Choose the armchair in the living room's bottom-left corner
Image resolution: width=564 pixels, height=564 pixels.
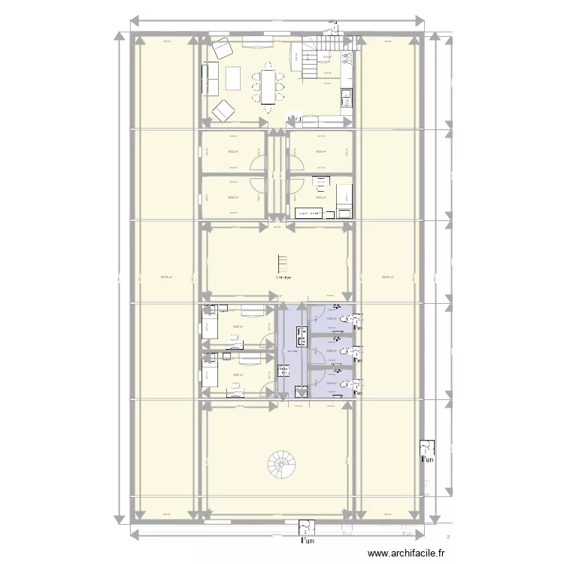point(223,111)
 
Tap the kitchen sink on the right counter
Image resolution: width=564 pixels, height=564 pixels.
point(347,97)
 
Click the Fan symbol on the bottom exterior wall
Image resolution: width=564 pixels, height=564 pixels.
point(306,531)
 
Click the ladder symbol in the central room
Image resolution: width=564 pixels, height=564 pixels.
point(284,263)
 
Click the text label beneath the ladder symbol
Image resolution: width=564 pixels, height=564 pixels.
point(284,277)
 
